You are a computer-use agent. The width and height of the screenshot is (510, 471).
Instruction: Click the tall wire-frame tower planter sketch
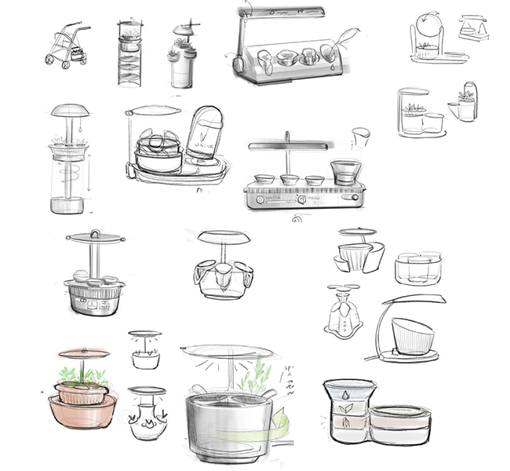point(130,55)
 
